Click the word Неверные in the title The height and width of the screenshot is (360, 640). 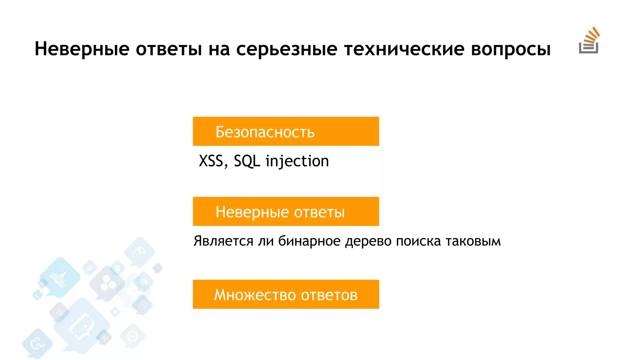(82, 49)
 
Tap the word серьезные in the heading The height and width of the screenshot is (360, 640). (287, 49)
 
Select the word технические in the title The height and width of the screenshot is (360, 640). (404, 49)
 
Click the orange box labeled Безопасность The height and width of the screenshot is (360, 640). (286, 131)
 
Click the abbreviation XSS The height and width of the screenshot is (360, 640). (211, 161)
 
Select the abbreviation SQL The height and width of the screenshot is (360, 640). (247, 161)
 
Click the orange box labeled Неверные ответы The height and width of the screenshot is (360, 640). (286, 212)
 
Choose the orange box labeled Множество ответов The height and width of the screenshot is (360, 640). (286, 294)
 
